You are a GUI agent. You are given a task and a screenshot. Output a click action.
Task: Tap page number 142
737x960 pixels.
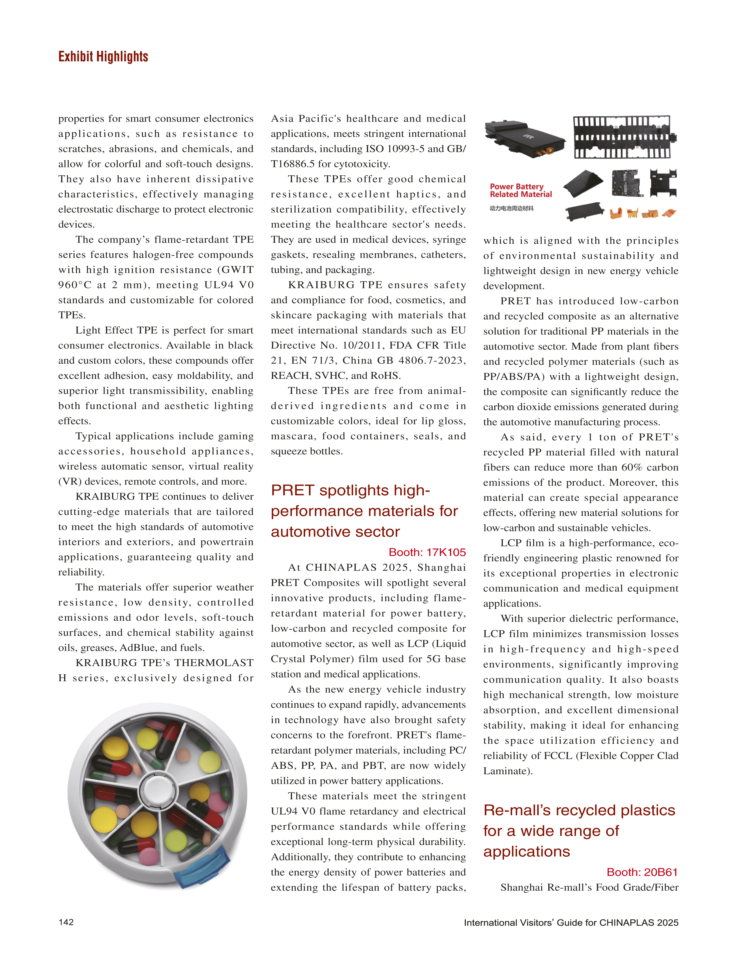[66, 922]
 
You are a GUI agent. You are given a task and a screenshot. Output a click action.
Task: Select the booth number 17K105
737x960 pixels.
[427, 552]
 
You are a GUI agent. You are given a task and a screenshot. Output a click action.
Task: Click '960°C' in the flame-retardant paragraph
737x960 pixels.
[75, 285]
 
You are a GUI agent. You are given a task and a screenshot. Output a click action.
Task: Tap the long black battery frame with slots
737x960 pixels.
[624, 137]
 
